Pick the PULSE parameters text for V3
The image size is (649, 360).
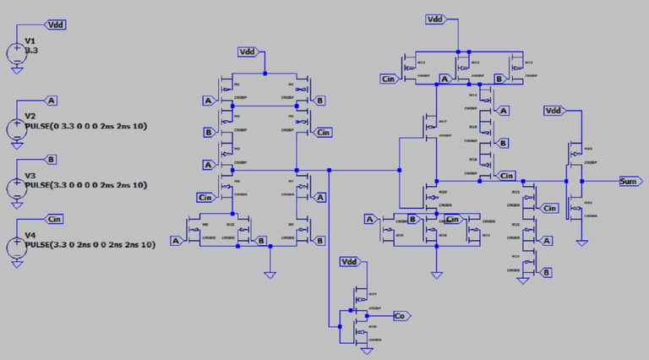85,184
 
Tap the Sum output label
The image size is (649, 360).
630,181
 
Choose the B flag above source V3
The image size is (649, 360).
52,159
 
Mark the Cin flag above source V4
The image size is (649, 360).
55,219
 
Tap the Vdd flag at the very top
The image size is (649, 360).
434,19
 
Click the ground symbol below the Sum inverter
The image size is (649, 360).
581,242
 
